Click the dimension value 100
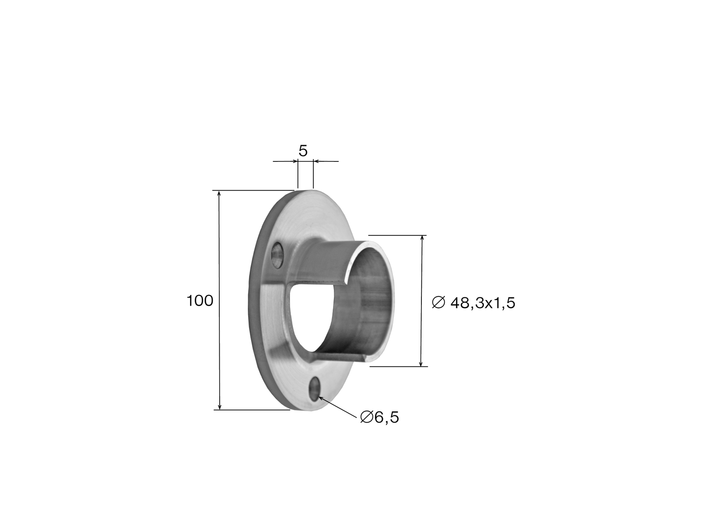click(x=200, y=301)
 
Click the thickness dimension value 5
click(x=303, y=151)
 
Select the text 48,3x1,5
click(x=482, y=303)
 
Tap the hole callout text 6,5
click(x=386, y=417)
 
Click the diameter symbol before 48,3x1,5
click(x=438, y=302)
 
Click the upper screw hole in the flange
click(x=276, y=255)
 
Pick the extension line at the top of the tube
click(x=398, y=235)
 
